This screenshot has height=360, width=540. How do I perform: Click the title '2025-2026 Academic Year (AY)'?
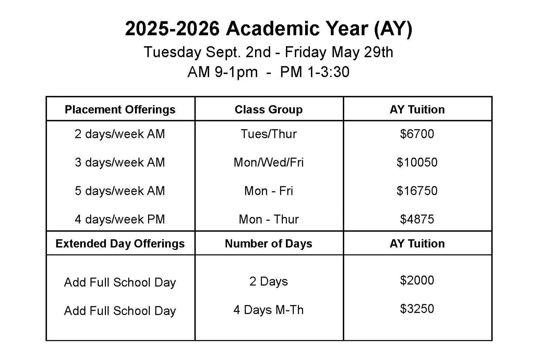(x=268, y=28)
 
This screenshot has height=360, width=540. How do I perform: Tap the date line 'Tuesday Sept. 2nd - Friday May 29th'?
(x=268, y=52)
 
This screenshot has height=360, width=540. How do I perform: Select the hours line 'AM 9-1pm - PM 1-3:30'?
(x=268, y=72)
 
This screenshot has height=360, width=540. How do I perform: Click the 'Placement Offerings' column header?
(x=120, y=109)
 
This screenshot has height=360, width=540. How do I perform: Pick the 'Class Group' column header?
(x=268, y=109)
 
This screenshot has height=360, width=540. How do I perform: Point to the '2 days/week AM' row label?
(x=120, y=134)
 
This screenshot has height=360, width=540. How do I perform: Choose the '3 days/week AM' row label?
(x=120, y=162)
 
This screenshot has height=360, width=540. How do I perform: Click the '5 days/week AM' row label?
(x=120, y=191)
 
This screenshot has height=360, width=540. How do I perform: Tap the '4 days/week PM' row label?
(x=120, y=219)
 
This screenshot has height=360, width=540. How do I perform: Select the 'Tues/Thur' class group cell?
(x=268, y=134)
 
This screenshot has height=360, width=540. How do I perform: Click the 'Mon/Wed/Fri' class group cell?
(x=268, y=162)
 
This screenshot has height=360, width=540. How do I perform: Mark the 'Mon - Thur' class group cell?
(x=268, y=219)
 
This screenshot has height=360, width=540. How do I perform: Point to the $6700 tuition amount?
(x=417, y=134)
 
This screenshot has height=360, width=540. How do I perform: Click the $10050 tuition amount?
(x=417, y=162)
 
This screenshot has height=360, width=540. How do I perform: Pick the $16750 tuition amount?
(x=417, y=191)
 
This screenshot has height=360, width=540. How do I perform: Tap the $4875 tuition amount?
(x=417, y=219)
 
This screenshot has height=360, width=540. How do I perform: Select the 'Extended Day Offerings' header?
(x=120, y=243)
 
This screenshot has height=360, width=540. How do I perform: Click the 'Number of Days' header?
(x=268, y=243)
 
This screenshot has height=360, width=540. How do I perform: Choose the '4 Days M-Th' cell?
(x=268, y=310)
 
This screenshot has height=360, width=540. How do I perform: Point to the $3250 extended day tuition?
(x=417, y=309)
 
